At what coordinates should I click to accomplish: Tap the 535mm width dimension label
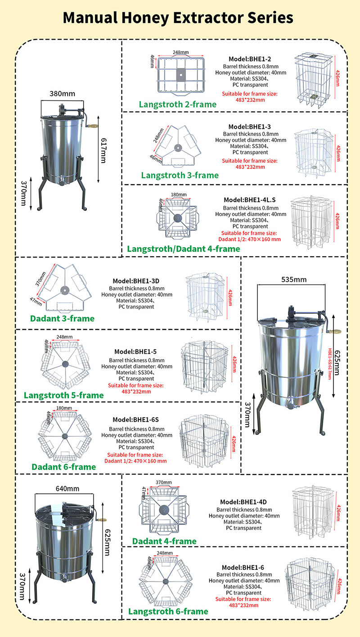click(293, 280)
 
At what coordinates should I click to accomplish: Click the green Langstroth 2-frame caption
click(178, 104)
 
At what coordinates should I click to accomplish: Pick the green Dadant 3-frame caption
click(63, 319)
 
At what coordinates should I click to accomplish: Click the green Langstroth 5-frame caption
click(64, 395)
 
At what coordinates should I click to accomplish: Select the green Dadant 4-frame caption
click(164, 541)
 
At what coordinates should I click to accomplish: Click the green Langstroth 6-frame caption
click(168, 611)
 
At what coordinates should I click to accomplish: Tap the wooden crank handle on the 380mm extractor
click(93, 128)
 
